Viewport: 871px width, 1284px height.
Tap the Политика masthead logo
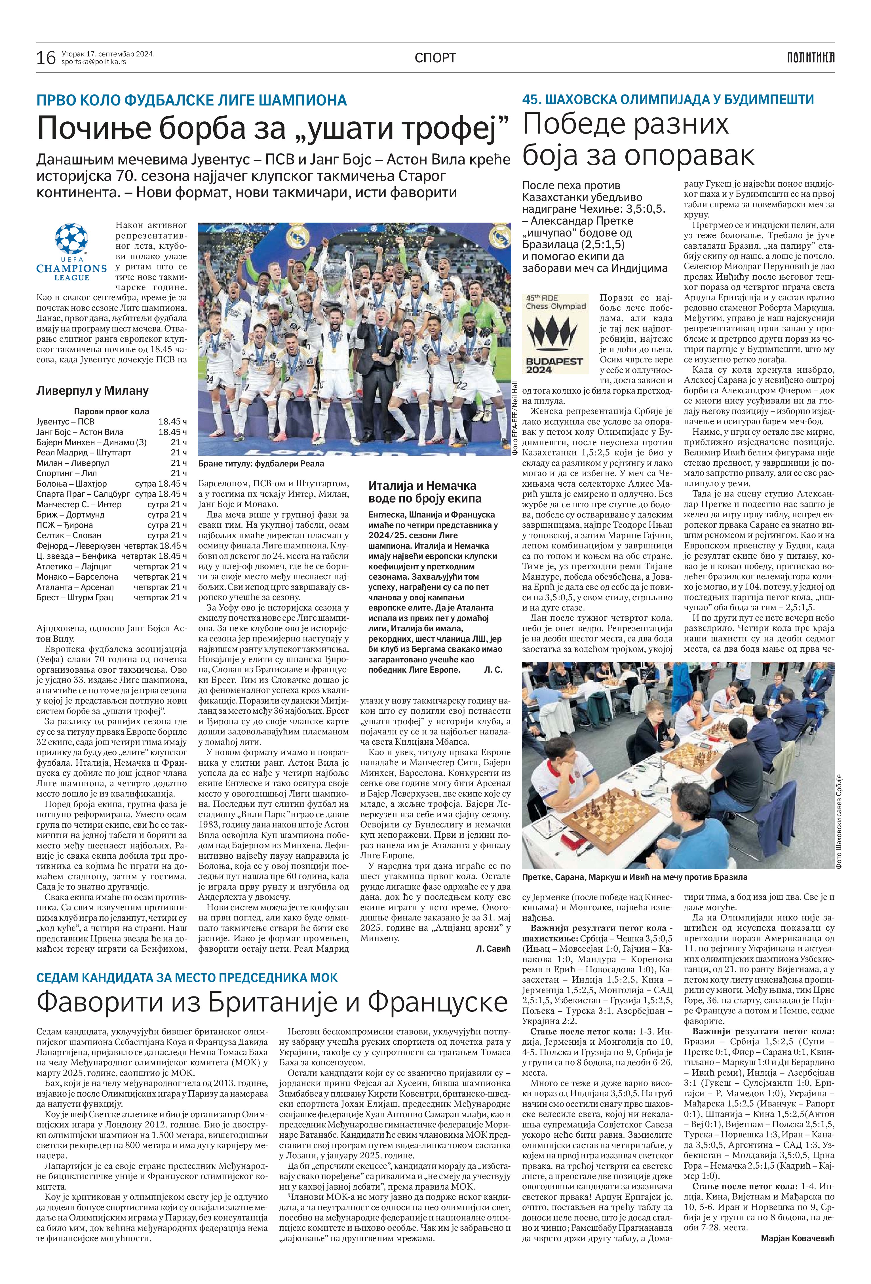[811, 57]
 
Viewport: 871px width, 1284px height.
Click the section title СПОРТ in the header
[436, 58]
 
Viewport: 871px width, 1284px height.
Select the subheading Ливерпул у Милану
[92, 390]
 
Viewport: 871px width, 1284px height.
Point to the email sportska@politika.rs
[93, 62]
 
